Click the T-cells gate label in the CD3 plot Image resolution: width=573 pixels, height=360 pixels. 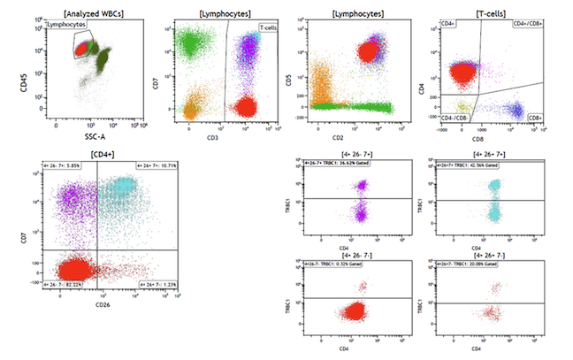[269, 28]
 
